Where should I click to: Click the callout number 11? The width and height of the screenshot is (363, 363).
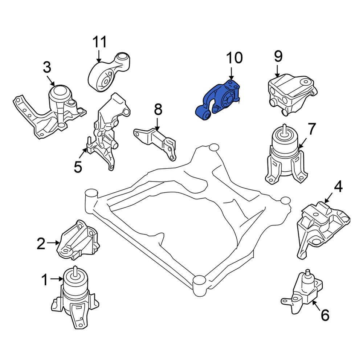(99, 42)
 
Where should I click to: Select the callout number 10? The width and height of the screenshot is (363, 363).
(234, 58)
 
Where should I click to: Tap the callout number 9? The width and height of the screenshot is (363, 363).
(278, 56)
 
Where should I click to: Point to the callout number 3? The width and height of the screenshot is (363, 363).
(47, 68)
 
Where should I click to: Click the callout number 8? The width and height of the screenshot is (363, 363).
(158, 109)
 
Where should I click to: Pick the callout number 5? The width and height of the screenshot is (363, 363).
(78, 167)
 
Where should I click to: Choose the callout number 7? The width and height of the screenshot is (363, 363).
(311, 129)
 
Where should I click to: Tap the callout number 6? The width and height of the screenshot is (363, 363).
(325, 315)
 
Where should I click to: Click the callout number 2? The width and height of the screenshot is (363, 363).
(41, 244)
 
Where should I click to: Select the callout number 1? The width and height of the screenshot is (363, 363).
(45, 280)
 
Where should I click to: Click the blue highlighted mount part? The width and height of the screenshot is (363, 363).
(218, 99)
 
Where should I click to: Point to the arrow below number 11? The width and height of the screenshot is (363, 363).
(99, 56)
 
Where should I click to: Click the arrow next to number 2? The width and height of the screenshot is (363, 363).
(53, 242)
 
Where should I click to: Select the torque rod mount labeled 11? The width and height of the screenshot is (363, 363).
(109, 72)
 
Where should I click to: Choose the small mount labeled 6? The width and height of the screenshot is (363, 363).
(302, 292)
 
